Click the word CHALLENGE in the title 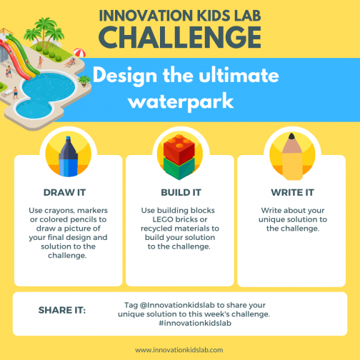(x=179, y=36)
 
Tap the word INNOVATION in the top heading (x=140, y=14)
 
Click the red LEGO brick (x=179, y=146)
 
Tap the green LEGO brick (x=179, y=167)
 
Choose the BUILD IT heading (x=180, y=193)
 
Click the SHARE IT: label (x=61, y=310)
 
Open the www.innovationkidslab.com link (x=179, y=350)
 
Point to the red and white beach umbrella (x=79, y=53)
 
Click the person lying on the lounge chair (x=69, y=63)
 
